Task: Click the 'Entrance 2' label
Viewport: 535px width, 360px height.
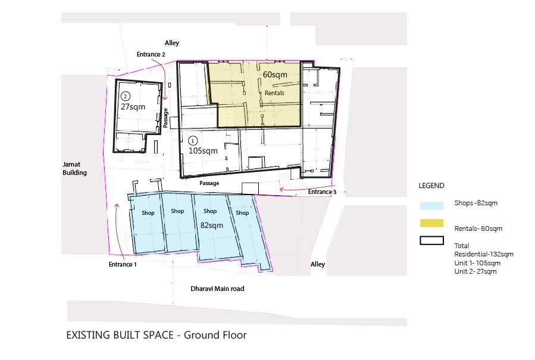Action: (x=151, y=54)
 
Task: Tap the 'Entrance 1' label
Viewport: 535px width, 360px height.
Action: (x=123, y=264)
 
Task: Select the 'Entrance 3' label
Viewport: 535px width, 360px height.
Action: (x=322, y=192)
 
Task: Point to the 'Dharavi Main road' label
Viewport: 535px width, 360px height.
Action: (x=217, y=289)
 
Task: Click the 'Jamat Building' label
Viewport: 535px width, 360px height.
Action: (x=74, y=168)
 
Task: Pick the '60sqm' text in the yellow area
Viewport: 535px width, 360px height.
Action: (x=275, y=74)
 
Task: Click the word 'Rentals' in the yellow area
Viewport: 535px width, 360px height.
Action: (x=274, y=93)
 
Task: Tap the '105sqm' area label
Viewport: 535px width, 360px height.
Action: (x=203, y=151)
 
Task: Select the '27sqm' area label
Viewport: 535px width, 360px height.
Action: (x=133, y=107)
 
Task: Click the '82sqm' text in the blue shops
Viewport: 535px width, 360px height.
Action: (x=211, y=225)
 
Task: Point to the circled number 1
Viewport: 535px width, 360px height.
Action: (x=193, y=140)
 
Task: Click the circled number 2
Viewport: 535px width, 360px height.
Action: (x=126, y=96)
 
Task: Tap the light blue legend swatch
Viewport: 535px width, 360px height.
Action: (x=431, y=205)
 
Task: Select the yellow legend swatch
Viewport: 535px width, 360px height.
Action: (x=431, y=223)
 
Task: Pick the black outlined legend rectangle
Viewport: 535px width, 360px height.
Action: (x=431, y=240)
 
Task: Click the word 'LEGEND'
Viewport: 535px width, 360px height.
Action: (x=431, y=186)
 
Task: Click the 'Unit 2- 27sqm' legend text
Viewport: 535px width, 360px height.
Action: (x=475, y=271)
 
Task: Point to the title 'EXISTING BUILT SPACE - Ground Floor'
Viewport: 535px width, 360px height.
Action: (x=157, y=335)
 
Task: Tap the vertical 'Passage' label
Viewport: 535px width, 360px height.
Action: (x=165, y=118)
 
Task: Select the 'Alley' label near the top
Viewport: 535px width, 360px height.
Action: (x=172, y=43)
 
